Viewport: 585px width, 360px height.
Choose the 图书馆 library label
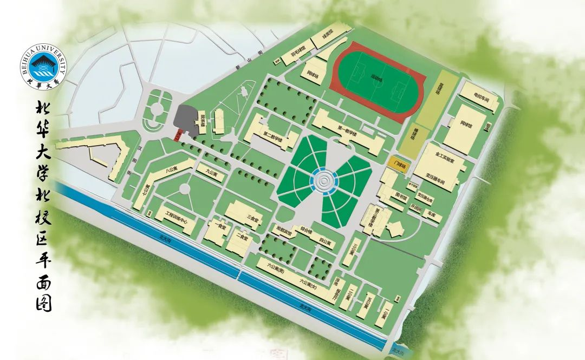401,197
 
